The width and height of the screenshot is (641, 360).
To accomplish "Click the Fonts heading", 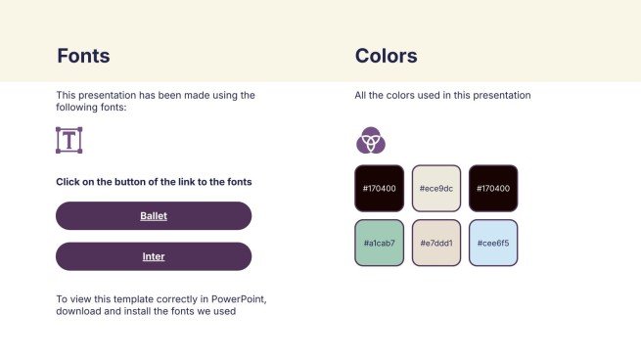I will [83, 56].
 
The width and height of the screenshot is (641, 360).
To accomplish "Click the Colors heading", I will [386, 56].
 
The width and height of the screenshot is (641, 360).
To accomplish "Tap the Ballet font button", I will [154, 215].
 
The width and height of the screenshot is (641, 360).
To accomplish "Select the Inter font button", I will [154, 256].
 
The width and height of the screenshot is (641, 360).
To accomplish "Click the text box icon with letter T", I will [69, 140].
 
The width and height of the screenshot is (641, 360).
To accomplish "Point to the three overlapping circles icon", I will [370, 141].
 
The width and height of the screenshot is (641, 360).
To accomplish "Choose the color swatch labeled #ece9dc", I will [435, 188].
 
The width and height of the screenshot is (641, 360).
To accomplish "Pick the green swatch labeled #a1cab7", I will [379, 243].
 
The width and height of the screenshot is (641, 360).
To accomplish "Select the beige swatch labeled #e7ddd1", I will [435, 243].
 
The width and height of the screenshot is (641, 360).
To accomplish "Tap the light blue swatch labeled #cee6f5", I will [492, 243].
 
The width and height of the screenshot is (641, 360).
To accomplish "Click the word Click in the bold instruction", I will [69, 182].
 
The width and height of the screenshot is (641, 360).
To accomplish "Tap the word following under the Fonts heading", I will [77, 108].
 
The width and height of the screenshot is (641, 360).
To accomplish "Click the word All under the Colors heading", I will [361, 96].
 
